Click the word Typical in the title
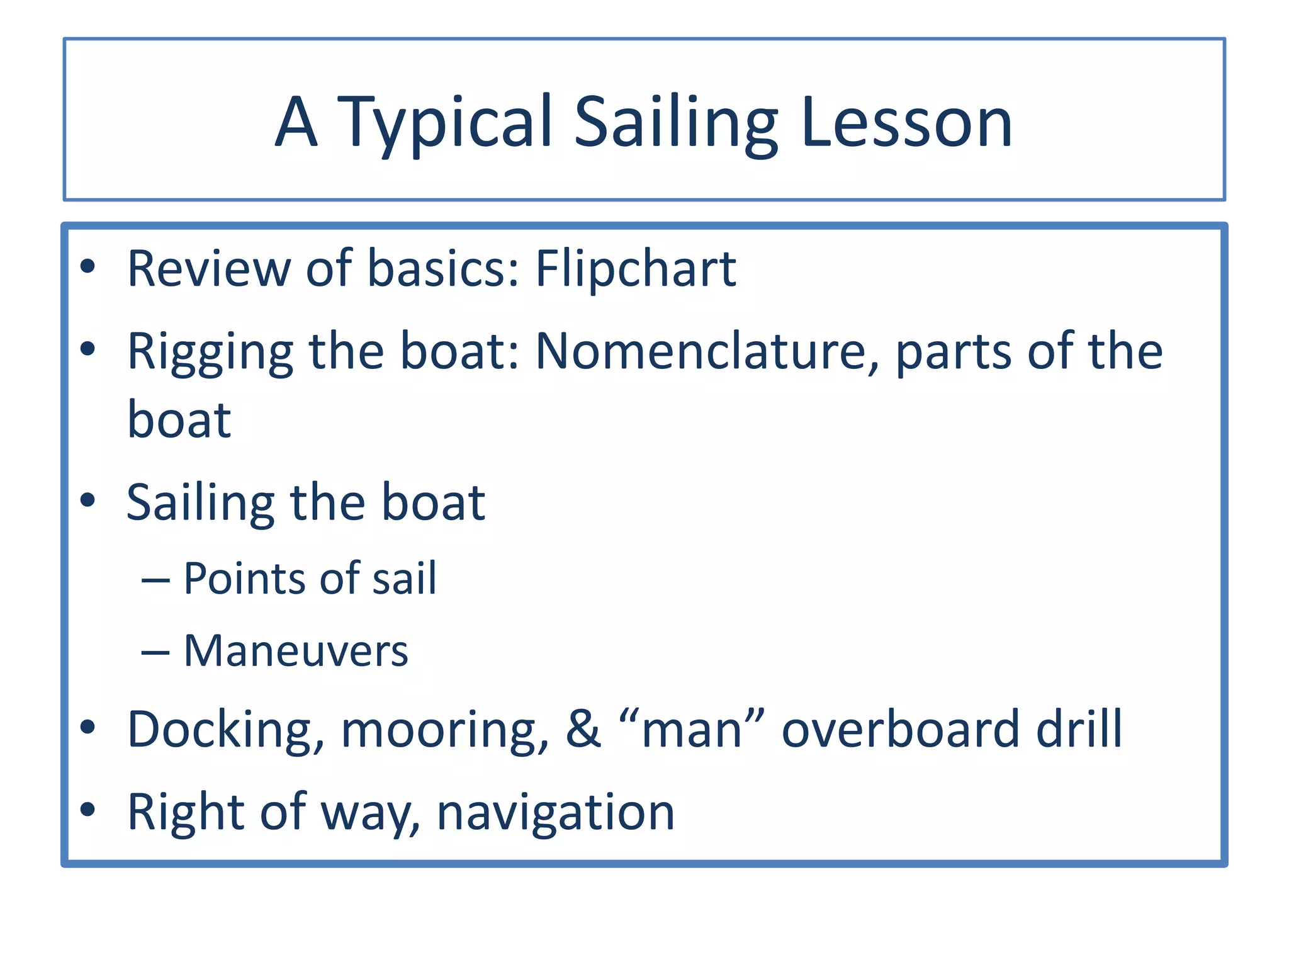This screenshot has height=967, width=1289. [444, 123]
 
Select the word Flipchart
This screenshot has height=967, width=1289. [636, 269]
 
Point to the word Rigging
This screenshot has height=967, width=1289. [210, 353]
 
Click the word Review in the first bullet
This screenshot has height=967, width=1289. [208, 269]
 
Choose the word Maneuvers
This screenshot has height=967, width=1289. [296, 651]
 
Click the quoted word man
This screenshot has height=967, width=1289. [692, 730]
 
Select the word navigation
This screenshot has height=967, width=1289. [556, 813]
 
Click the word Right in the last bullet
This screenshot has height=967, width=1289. [185, 813]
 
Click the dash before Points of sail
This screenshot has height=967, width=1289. [155, 580]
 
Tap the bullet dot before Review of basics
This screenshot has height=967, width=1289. [87, 267]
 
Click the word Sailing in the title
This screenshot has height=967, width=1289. [676, 123]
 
